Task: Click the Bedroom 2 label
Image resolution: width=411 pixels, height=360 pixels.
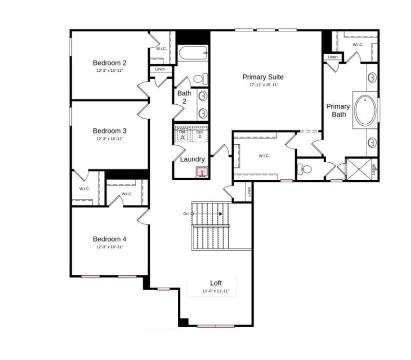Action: pyautogui.click(x=109, y=63)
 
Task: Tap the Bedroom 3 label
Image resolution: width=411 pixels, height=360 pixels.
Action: pyautogui.click(x=109, y=131)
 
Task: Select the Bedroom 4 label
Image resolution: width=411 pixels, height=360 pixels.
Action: pyautogui.click(x=109, y=239)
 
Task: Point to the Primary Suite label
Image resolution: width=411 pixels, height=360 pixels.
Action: pyautogui.click(x=263, y=77)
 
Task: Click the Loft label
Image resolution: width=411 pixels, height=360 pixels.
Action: pyautogui.click(x=216, y=283)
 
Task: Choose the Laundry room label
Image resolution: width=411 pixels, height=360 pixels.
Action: pyautogui.click(x=193, y=159)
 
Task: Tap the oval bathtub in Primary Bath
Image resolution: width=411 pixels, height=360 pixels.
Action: pyautogui.click(x=364, y=110)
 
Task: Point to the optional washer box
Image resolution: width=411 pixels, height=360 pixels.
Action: pyautogui.click(x=182, y=134)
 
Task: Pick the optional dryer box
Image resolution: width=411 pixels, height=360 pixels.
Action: pyautogui.click(x=200, y=134)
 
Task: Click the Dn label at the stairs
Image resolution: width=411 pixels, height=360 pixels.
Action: pyautogui.click(x=185, y=214)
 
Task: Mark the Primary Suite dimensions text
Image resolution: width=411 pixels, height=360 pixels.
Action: pyautogui.click(x=264, y=85)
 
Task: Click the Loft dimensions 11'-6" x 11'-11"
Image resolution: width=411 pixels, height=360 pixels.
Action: pyautogui.click(x=216, y=291)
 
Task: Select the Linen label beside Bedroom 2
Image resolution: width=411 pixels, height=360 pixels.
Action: pyautogui.click(x=160, y=69)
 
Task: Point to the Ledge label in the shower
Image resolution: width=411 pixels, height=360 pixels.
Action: pyautogui.click(x=373, y=168)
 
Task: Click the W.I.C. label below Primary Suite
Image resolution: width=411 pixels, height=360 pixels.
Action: pyautogui.click(x=264, y=156)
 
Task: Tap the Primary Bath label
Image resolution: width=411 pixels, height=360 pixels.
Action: pyautogui.click(x=338, y=110)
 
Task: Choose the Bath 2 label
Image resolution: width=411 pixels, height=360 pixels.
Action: pyautogui.click(x=184, y=98)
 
